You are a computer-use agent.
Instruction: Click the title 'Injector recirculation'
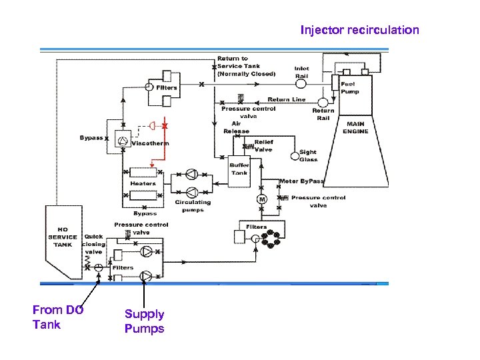tap(359, 30)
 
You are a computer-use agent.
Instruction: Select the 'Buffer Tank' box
tap(239, 169)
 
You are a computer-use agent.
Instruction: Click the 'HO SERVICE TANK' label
tap(63, 237)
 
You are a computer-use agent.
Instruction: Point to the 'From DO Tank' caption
tap(57, 317)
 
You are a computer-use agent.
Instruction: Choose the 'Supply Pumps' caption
tap(144, 321)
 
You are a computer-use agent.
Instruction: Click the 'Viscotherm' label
tap(150, 143)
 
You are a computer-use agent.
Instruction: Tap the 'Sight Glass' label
tap(308, 156)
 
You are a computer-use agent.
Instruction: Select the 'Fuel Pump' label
tap(349, 88)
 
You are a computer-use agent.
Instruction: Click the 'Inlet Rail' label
tap(301, 72)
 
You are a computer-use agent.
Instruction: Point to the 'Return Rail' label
tap(323, 115)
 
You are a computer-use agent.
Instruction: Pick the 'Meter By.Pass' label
tap(302, 181)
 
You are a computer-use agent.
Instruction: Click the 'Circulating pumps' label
tap(193, 206)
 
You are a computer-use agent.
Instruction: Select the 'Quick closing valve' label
tap(94, 244)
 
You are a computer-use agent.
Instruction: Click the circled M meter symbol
tap(261, 199)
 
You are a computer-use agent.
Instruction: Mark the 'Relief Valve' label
tap(263, 146)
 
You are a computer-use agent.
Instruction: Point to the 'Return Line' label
tap(287, 99)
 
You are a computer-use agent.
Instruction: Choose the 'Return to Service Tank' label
tap(246, 67)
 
